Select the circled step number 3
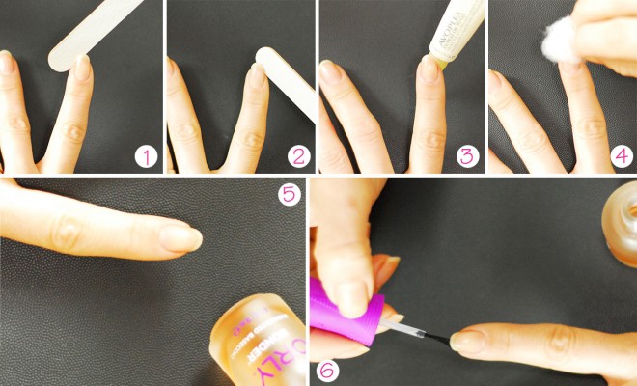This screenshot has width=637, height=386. [466, 156]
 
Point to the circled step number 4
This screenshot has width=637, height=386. [622, 156]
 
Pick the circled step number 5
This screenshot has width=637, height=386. [288, 195]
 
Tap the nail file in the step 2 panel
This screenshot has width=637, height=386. [289, 82]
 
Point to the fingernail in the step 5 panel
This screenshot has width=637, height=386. [180, 238]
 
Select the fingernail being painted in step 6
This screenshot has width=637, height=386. [470, 340]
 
